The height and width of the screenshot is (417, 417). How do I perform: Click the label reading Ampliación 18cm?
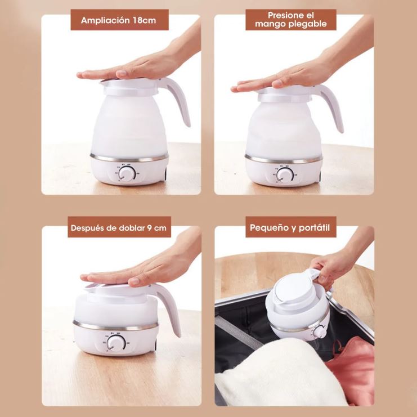(x=118, y=20)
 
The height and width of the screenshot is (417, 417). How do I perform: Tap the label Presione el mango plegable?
(x=291, y=19)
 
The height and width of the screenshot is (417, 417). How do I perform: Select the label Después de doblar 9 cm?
(x=119, y=228)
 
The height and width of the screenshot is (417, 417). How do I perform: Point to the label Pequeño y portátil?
(x=290, y=228)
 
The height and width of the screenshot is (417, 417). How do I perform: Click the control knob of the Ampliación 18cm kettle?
(x=126, y=174)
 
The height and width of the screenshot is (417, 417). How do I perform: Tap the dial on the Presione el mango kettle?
(x=285, y=175)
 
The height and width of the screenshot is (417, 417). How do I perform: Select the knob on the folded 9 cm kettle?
(x=116, y=343)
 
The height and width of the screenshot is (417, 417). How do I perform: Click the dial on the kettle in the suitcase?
(x=319, y=331)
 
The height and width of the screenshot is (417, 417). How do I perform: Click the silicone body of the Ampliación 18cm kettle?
(x=129, y=125)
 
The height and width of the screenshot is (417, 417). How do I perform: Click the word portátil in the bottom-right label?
(x=314, y=228)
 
